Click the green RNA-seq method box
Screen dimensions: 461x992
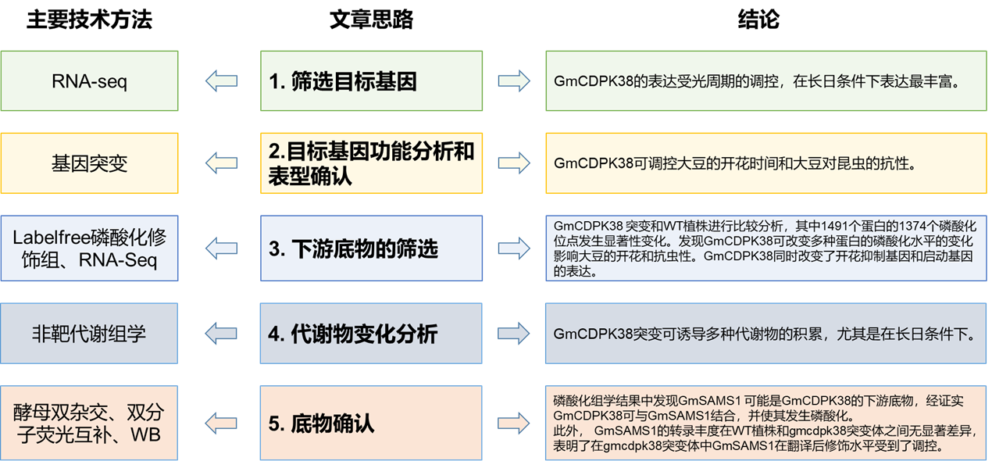pyautogui.click(x=90, y=80)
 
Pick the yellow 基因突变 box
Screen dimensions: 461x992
pyautogui.click(x=90, y=163)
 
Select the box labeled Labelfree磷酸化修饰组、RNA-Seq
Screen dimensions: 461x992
pyautogui.click(x=90, y=248)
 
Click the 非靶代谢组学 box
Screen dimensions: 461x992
pyautogui.click(x=90, y=334)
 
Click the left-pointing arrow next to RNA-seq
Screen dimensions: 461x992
pyautogui.click(x=221, y=80)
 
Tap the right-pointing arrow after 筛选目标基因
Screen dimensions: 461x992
pyautogui.click(x=513, y=80)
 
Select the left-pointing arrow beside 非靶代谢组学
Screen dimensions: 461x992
pyautogui.click(x=221, y=334)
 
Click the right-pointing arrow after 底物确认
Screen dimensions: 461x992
pyautogui.click(x=513, y=423)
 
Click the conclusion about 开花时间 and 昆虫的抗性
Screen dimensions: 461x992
pyautogui.click(x=734, y=163)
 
